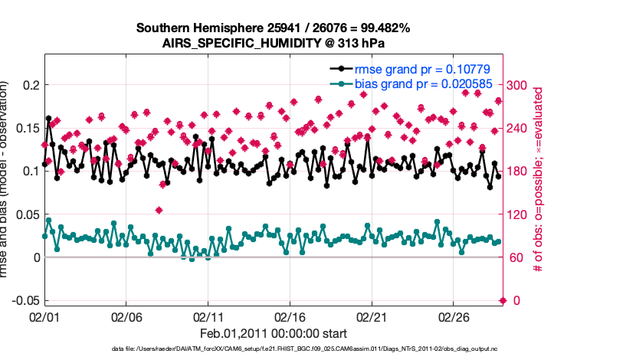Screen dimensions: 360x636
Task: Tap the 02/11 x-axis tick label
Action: [x=208, y=316]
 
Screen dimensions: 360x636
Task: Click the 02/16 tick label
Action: [x=290, y=316]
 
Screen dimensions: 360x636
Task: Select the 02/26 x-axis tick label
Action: [x=453, y=316]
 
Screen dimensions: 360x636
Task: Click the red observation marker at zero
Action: [x=503, y=300]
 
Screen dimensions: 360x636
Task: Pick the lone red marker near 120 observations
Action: [x=159, y=210]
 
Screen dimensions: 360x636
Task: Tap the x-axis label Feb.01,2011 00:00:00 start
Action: [x=273, y=333]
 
